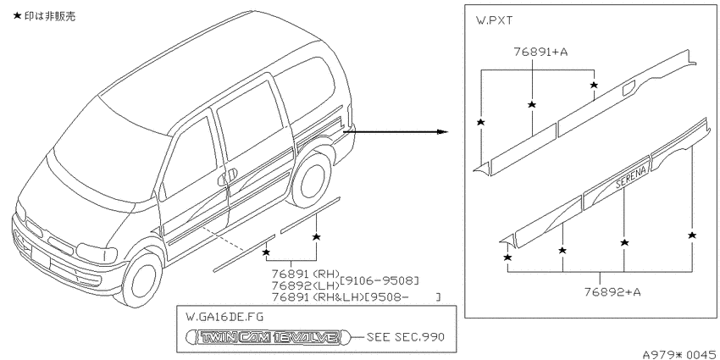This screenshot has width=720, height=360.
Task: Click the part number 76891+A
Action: click(540, 52)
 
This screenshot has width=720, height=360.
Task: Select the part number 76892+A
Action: click(612, 292)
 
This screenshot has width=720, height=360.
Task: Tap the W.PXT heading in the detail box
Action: click(495, 20)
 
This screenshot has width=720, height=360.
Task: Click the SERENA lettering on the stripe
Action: click(631, 176)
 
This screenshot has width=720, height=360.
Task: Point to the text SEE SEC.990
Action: click(406, 337)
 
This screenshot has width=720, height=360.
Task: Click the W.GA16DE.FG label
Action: click(224, 317)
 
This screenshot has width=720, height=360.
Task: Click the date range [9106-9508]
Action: click(379, 280)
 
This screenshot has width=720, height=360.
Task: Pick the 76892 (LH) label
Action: click(305, 285)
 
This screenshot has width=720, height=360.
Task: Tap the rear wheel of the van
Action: click(312, 178)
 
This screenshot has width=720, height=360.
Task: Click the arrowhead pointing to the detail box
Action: click(442, 132)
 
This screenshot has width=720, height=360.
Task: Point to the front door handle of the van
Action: click(227, 176)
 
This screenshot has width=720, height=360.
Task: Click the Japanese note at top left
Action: click(44, 16)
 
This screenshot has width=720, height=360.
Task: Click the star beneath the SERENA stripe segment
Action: click(624, 242)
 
